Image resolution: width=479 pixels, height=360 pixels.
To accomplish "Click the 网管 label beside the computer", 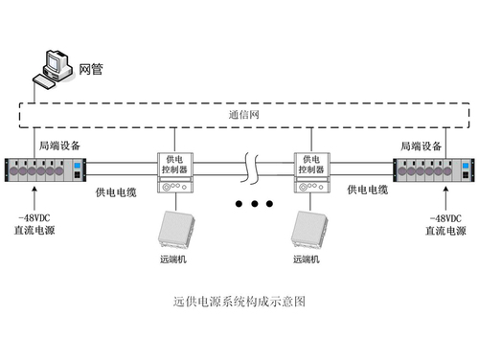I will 92,70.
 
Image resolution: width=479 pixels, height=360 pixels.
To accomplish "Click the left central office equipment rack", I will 46,171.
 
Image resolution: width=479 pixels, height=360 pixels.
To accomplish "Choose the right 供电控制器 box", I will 310,170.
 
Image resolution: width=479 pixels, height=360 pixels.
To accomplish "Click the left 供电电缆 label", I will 115,192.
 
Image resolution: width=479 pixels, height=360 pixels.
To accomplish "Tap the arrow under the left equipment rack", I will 34,199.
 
